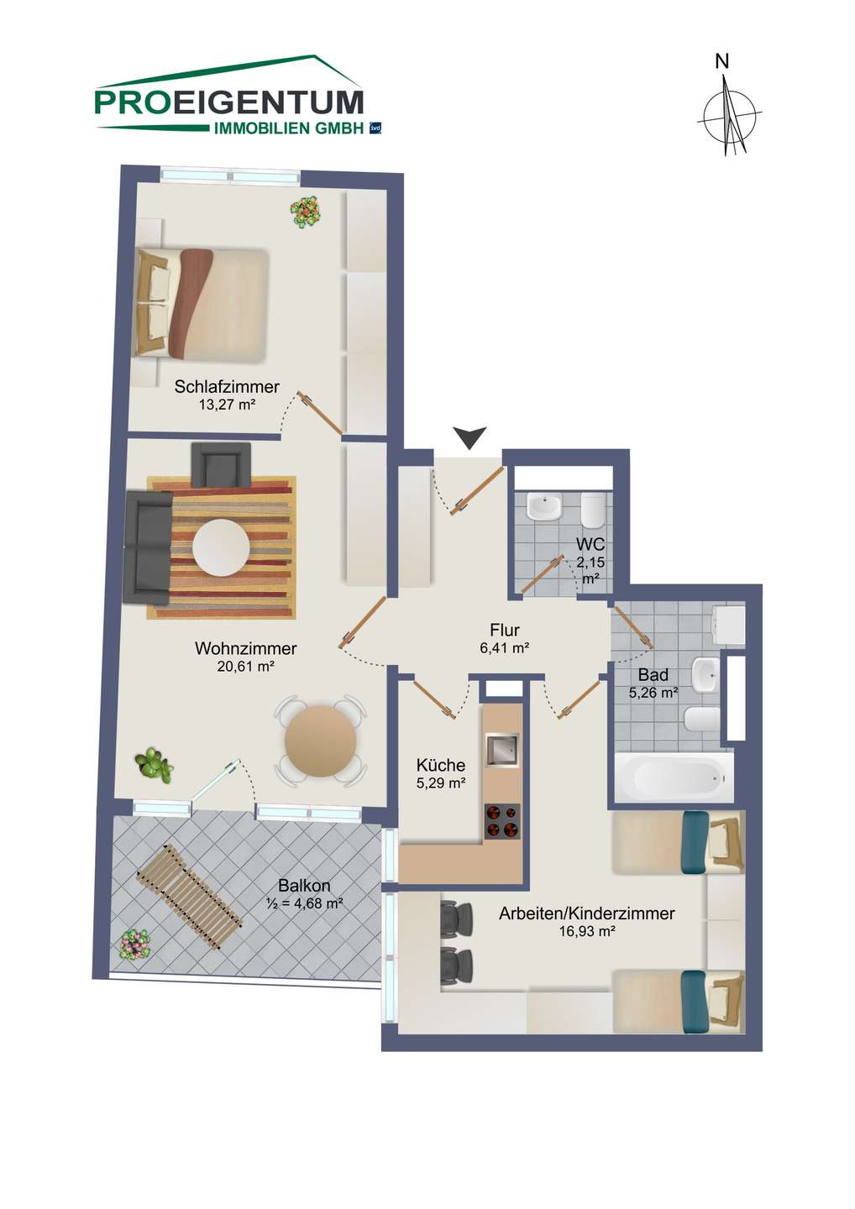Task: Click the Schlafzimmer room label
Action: tap(227, 386)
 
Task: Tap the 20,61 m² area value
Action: tap(245, 667)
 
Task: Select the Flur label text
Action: tap(505, 630)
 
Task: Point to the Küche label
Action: tap(440, 765)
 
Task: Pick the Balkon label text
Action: tap(304, 885)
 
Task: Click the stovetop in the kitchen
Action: tap(502, 821)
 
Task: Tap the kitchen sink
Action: tap(502, 749)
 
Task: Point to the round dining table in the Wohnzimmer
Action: tap(320, 741)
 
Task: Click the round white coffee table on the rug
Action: tap(221, 547)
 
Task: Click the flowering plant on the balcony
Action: tap(135, 944)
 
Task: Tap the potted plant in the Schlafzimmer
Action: tap(306, 212)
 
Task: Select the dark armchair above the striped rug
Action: tap(221, 464)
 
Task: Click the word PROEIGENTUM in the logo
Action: tap(228, 102)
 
